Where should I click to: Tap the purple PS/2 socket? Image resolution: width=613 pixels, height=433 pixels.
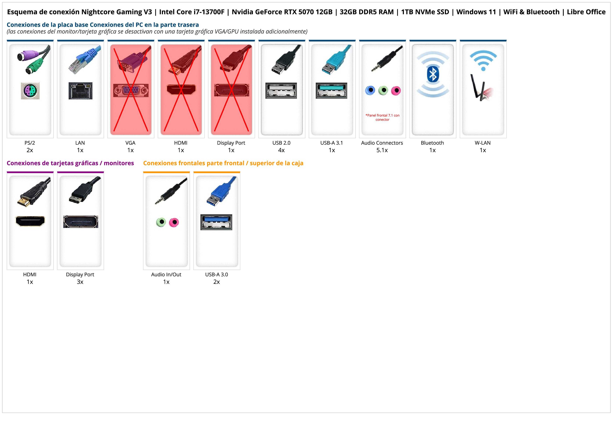[x=30, y=91]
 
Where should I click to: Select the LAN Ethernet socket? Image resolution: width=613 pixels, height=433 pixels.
[x=80, y=91]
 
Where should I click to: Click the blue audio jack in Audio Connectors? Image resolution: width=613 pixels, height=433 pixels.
[x=370, y=90]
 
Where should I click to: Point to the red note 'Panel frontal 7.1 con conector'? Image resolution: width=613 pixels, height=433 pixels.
[x=382, y=117]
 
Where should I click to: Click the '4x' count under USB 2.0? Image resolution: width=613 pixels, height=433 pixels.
[x=281, y=150]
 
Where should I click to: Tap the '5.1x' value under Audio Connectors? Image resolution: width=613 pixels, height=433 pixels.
[x=382, y=150]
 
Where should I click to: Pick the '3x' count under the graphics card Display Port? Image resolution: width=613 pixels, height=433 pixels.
[x=80, y=282]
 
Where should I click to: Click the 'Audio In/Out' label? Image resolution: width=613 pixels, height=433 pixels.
[x=166, y=275]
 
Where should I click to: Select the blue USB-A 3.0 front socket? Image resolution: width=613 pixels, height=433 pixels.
[x=216, y=222]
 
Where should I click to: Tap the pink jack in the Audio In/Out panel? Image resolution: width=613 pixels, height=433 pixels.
[x=174, y=222]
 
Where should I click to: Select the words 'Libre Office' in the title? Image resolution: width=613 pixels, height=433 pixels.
[x=586, y=12]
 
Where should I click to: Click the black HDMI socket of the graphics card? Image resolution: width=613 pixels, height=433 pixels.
[x=30, y=221]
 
